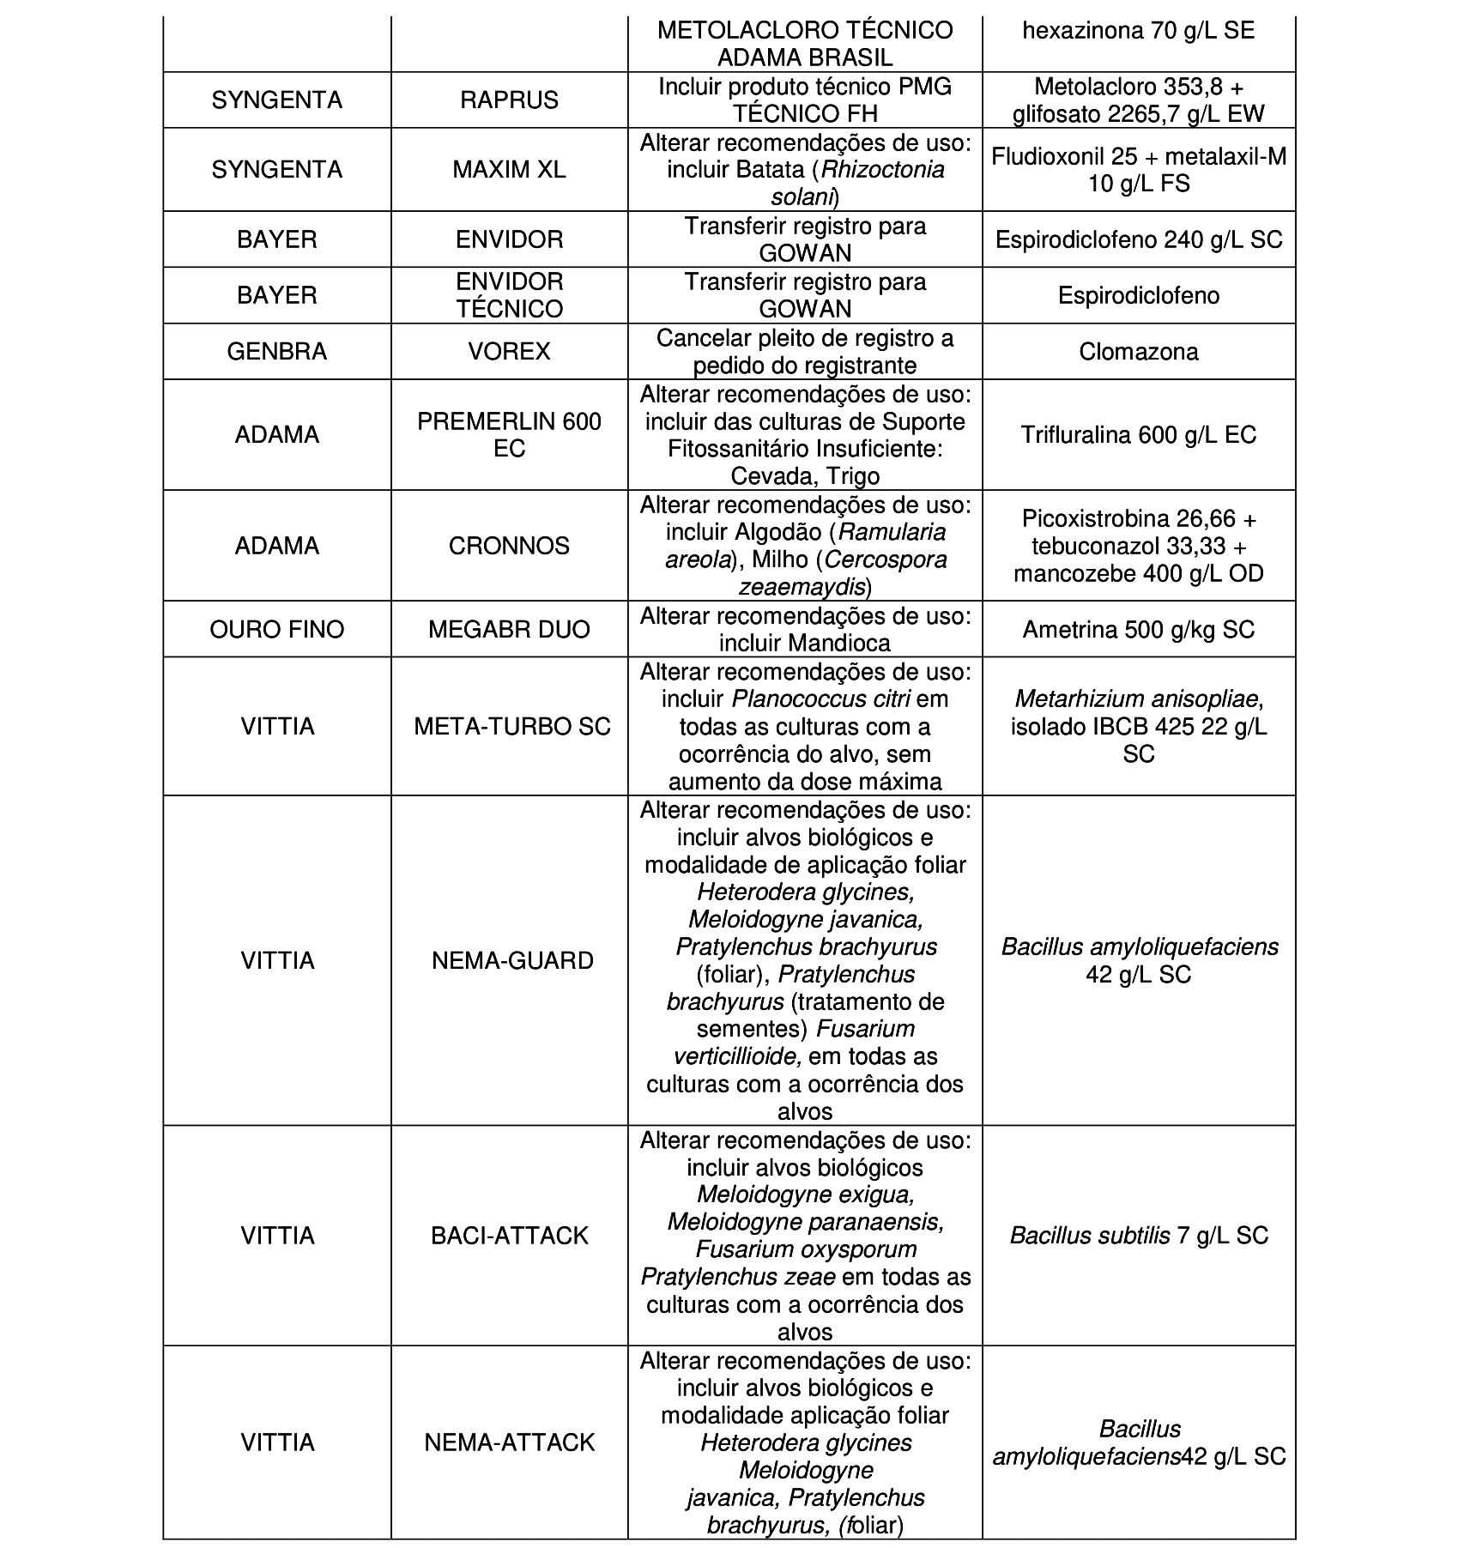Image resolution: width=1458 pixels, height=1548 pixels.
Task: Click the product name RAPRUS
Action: [509, 100]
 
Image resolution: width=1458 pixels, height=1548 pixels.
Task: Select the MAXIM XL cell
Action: [509, 170]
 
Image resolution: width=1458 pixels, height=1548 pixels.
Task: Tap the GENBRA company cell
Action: [276, 352]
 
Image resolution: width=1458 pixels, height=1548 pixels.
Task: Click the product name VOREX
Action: [509, 352]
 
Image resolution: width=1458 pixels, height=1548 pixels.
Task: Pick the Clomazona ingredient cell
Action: [1138, 352]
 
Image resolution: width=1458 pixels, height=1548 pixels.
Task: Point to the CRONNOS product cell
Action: [509, 546]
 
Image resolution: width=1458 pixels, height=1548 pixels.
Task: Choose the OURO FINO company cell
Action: [276, 630]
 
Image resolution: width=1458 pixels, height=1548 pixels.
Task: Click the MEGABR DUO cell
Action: [509, 630]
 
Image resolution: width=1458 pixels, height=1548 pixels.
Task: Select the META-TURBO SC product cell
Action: [511, 727]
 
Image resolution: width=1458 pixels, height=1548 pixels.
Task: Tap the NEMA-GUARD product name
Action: [512, 960]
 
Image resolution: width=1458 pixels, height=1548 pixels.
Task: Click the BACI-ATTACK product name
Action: [510, 1236]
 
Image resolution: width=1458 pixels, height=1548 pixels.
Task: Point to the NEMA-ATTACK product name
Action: [510, 1442]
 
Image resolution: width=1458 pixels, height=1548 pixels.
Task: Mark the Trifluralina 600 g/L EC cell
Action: [1138, 435]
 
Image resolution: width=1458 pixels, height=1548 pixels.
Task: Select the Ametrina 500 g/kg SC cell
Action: [1138, 630]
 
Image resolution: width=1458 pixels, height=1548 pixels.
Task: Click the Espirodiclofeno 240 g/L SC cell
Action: [1138, 239]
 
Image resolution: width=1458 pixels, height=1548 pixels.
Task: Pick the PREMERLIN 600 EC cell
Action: [509, 435]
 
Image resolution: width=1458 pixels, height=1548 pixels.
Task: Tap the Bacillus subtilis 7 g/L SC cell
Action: [1138, 1236]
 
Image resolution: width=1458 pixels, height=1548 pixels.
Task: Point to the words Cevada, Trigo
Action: [805, 476]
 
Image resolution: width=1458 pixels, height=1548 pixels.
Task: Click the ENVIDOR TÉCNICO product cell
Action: [509, 295]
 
